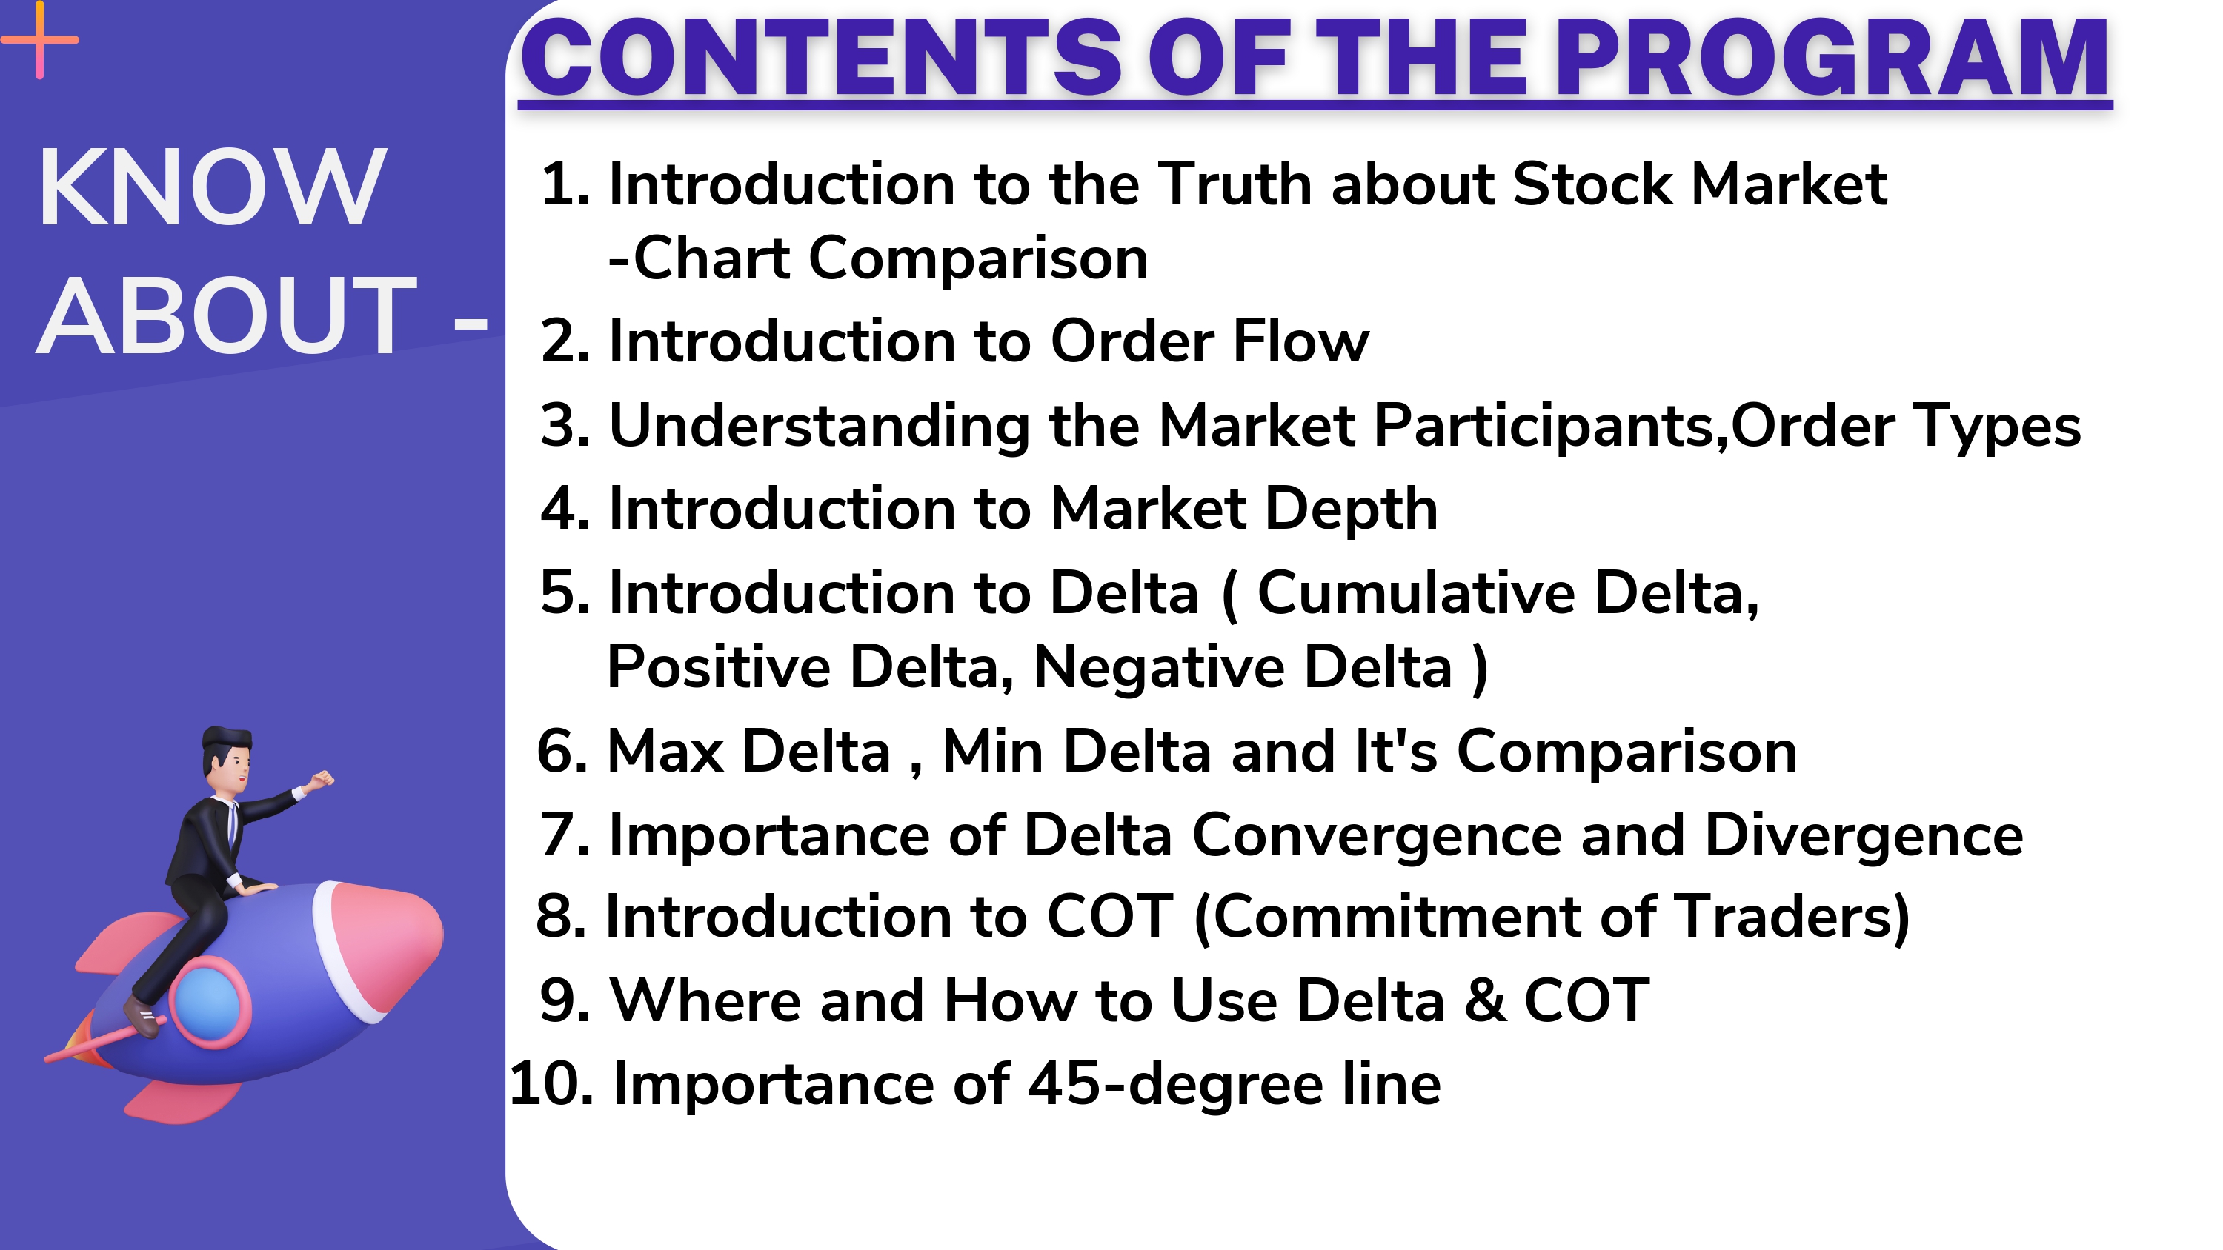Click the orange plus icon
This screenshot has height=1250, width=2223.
(40, 40)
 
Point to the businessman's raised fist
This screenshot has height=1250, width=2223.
(321, 779)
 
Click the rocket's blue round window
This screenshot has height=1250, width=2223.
(207, 1000)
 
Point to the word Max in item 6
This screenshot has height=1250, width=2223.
(665, 750)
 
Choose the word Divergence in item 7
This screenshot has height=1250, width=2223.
(1864, 835)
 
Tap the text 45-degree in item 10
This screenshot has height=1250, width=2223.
(1175, 1084)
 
